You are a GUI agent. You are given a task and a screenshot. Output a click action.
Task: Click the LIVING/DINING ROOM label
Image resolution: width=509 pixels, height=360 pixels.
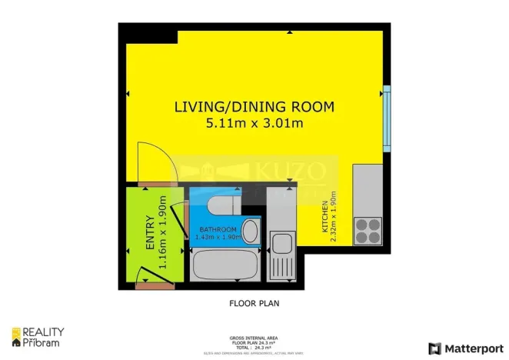(254, 106)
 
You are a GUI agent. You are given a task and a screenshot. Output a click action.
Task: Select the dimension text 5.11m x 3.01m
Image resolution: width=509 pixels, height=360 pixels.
(254, 122)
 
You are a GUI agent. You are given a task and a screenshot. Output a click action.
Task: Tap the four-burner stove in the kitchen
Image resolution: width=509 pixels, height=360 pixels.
(368, 228)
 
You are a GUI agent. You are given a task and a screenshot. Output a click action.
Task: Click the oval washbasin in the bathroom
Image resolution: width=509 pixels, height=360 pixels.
(250, 231)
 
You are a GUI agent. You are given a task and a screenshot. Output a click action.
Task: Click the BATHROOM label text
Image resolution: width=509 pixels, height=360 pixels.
(218, 230)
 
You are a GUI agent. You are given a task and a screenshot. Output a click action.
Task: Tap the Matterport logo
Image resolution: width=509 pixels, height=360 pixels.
(467, 348)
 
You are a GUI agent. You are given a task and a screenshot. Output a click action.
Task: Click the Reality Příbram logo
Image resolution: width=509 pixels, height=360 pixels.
(38, 337)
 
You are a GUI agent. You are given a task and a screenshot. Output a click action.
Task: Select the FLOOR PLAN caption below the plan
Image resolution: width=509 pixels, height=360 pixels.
(254, 303)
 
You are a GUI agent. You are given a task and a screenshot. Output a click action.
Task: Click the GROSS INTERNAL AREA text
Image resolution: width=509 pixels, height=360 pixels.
(254, 338)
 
